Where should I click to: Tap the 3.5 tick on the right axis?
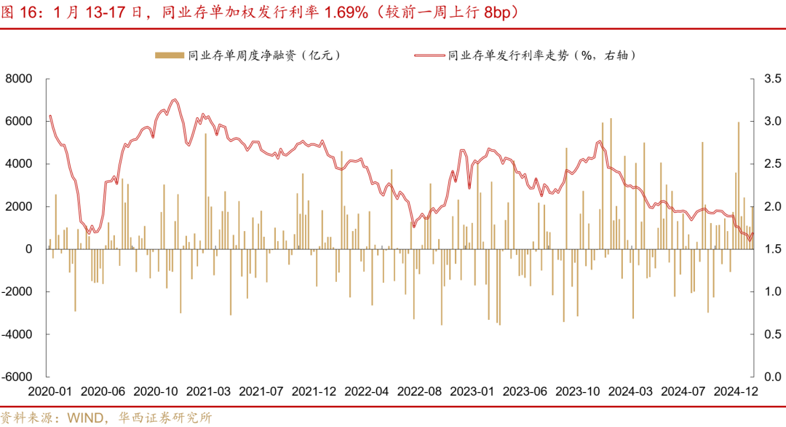click(771, 79)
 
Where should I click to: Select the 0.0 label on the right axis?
click(771, 377)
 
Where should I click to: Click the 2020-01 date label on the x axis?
click(50, 391)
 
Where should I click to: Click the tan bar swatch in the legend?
click(169, 55)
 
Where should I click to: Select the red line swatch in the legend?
click(429, 55)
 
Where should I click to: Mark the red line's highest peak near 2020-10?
click(175, 100)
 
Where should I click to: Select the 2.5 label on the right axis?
click(771, 164)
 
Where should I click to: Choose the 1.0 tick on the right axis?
click(771, 292)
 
